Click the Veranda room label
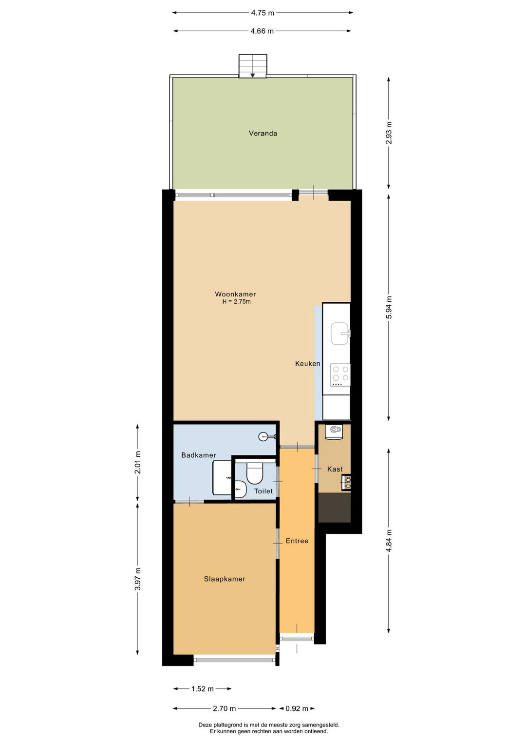click(263, 133)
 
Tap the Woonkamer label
click(235, 294)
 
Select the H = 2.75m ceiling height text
click(236, 302)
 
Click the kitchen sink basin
click(339, 333)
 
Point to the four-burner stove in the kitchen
click(340, 374)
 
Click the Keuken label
click(307, 364)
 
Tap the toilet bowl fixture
click(255, 473)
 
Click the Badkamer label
click(198, 455)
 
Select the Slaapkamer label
click(224, 579)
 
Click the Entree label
click(297, 541)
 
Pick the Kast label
click(335, 470)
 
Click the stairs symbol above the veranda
click(252, 66)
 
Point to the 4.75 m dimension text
click(262, 13)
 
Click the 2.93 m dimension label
click(389, 133)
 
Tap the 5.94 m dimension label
click(389, 308)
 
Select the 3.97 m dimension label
click(138, 579)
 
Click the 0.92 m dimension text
click(297, 708)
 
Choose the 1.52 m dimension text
click(202, 689)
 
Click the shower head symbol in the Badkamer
click(263, 436)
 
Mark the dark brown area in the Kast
click(334, 508)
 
